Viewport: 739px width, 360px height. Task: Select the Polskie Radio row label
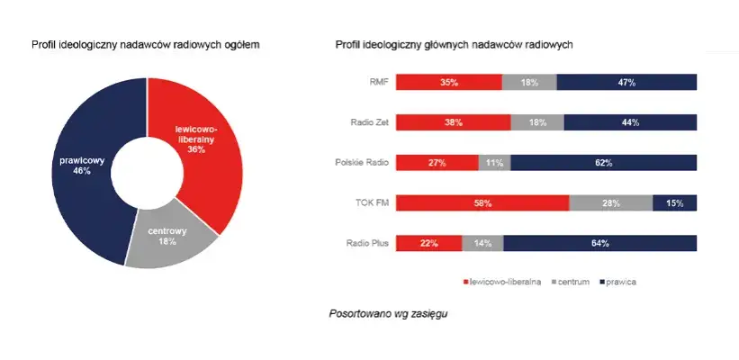pos(362,163)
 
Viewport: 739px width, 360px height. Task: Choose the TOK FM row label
pos(373,203)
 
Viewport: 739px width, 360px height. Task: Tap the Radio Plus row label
pos(367,243)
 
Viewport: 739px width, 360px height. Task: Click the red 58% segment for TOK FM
pos(482,203)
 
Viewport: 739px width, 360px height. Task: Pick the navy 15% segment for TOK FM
pos(674,203)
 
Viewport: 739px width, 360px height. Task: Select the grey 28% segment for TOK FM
pos(611,203)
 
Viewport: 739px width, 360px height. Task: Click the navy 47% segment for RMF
pos(626,82)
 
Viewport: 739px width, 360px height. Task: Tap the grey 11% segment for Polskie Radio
pos(494,163)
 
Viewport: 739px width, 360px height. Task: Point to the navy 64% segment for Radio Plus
pos(599,243)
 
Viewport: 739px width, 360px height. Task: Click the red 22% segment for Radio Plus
pos(428,243)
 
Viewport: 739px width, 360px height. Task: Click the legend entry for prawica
pos(618,282)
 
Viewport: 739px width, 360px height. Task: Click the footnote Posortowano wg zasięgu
pos(388,314)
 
